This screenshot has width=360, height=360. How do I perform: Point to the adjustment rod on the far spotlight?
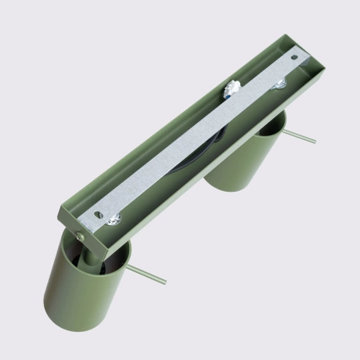click(299, 136)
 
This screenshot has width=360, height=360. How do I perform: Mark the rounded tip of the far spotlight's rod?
click(315, 142)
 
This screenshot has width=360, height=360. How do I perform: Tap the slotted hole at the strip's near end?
click(99, 212)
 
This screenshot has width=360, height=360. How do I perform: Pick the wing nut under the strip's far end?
click(280, 80)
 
